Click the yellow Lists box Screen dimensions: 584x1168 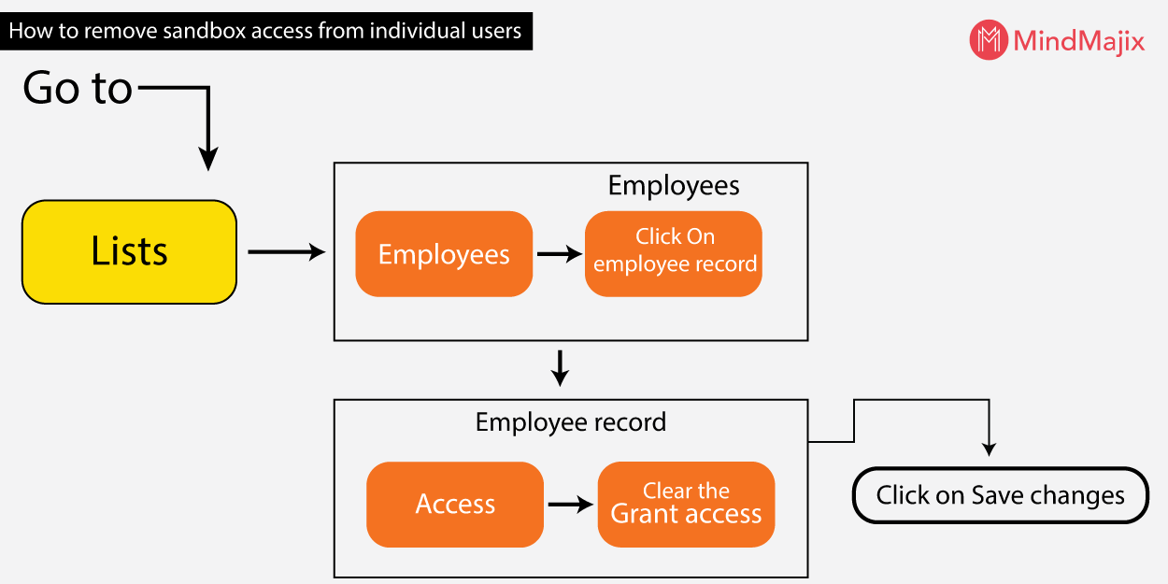click(x=129, y=251)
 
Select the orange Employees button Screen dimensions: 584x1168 click(x=444, y=254)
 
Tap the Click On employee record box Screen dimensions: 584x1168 click(x=674, y=253)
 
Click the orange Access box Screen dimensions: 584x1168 click(x=455, y=505)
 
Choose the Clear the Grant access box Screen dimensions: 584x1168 click(x=686, y=505)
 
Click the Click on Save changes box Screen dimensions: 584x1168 click(x=1000, y=495)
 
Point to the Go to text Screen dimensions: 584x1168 click(x=78, y=89)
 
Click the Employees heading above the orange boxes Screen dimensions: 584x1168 click(x=674, y=186)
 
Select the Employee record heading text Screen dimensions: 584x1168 click(x=570, y=422)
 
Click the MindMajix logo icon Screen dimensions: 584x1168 click(x=989, y=40)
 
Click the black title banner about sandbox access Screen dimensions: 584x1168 click(x=265, y=31)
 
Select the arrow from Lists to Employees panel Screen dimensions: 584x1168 click(x=285, y=251)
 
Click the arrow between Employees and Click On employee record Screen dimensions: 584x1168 click(x=559, y=254)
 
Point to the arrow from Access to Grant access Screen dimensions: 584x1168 click(x=570, y=505)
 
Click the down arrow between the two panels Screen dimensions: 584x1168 click(x=560, y=368)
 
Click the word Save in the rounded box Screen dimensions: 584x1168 click(x=993, y=495)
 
